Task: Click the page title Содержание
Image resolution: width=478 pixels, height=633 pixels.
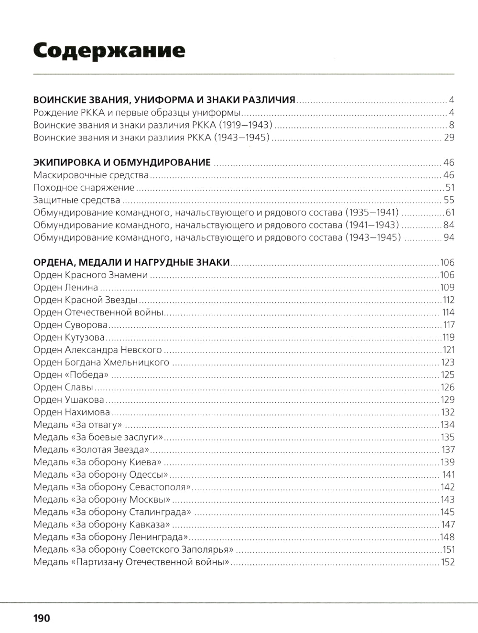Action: pos(109,50)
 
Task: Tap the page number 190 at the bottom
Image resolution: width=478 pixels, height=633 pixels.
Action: pos(42,618)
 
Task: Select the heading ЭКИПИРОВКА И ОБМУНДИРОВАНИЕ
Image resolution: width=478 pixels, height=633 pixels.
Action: pos(122,162)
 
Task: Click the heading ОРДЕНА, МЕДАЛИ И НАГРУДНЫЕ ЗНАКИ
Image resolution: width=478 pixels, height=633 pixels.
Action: pos(132,262)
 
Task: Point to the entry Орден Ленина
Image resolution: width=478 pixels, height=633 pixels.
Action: pos(66,287)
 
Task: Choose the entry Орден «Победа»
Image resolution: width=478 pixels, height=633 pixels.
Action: pos(71,375)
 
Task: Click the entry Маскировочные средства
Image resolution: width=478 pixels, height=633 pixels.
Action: pos(91,175)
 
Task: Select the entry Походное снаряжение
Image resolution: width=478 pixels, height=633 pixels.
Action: pos(84,188)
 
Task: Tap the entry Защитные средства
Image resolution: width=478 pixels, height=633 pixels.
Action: pos(76,200)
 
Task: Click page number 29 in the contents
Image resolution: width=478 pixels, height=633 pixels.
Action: pos(449,138)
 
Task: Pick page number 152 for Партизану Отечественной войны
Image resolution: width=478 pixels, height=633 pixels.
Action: pos(447,562)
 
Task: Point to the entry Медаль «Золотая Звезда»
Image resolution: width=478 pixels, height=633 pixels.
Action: pos(92,450)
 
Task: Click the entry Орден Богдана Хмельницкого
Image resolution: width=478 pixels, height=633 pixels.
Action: pos(101,362)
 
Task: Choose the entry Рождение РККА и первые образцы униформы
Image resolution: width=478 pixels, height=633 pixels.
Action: pos(137,113)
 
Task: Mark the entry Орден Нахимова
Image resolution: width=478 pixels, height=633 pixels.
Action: pos(72,412)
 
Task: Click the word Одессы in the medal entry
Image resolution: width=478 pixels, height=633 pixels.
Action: pos(149,474)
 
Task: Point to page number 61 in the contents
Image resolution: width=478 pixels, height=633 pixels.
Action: pos(449,213)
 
